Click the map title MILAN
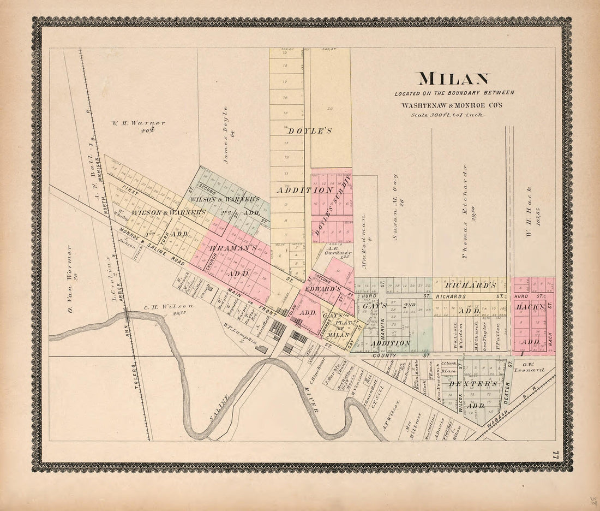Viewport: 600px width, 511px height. pyautogui.click(x=454, y=79)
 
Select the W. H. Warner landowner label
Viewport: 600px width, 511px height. pyautogui.click(x=139, y=123)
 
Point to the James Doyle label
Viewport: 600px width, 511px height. pyautogui.click(x=225, y=129)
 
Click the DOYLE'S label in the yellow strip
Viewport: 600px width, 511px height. pyautogui.click(x=310, y=131)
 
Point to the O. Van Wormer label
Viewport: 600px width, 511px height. pyautogui.click(x=70, y=279)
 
